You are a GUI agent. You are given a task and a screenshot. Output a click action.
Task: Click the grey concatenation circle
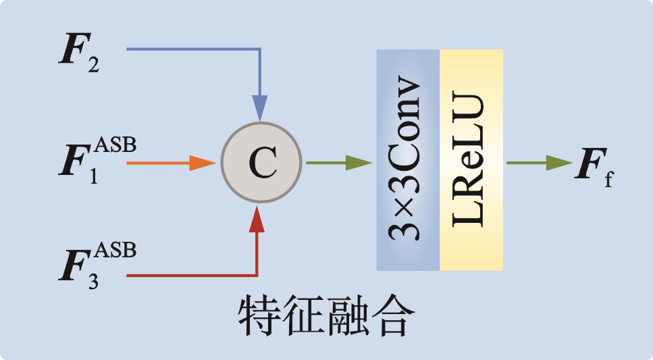[x=261, y=162]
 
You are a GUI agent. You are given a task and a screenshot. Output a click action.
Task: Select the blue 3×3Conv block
[x=408, y=160]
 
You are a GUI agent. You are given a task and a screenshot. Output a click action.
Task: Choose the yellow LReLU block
[x=471, y=160]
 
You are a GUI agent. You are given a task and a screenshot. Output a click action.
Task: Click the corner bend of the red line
[x=257, y=276]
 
